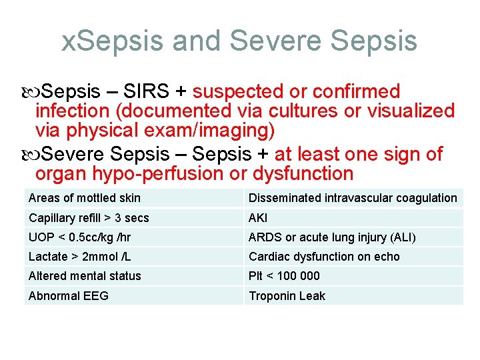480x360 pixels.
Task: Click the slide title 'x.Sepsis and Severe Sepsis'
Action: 239,41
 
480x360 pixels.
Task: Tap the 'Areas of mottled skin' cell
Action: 85,198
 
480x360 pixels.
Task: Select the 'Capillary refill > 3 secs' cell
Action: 89,218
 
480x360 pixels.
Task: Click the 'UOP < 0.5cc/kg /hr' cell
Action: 79,237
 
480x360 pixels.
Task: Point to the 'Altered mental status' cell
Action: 85,276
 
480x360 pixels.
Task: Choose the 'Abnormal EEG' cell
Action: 69,295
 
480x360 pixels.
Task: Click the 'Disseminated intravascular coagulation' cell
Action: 353,198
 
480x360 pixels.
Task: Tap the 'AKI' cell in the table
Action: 258,218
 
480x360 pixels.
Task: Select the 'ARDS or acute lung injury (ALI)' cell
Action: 332,237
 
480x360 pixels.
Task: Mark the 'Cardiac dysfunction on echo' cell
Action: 324,257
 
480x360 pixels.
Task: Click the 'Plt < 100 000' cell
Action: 284,276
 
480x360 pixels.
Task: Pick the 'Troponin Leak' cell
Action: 287,295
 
